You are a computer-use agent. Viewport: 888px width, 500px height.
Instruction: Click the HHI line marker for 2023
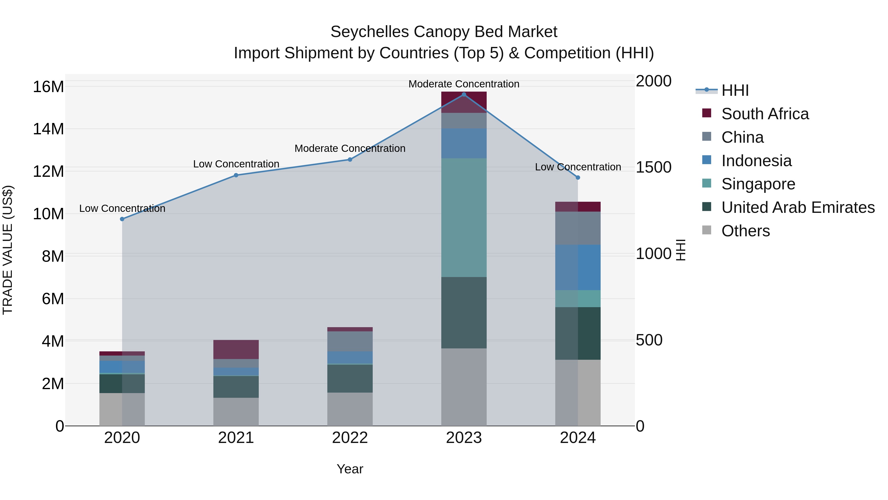[x=464, y=95]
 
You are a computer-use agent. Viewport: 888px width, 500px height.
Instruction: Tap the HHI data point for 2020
[x=122, y=219]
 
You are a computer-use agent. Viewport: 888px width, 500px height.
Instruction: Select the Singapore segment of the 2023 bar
[x=464, y=217]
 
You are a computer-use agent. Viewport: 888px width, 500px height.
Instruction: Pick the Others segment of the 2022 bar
[x=350, y=409]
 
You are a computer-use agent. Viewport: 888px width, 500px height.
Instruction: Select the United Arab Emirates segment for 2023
[x=464, y=312]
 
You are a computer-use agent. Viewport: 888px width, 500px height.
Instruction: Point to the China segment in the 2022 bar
[x=350, y=341]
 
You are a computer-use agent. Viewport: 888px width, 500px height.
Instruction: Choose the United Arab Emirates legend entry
[x=798, y=207]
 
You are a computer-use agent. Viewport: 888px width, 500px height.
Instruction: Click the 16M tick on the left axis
[x=48, y=87]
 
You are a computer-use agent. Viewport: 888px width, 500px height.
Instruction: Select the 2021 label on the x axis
[x=236, y=438]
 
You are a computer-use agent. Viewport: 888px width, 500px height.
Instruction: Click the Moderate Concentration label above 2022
[x=350, y=148]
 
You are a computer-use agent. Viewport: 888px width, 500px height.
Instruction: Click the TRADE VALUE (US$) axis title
[x=8, y=250]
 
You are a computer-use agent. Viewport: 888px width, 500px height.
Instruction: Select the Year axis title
[x=350, y=469]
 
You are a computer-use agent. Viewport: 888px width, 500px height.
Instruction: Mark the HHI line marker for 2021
[x=236, y=175]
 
